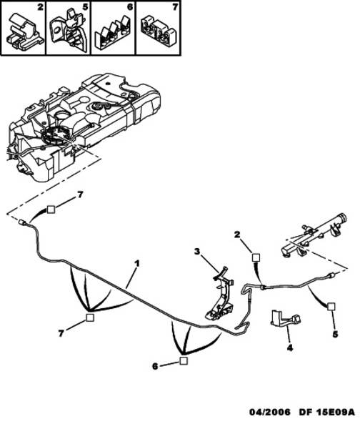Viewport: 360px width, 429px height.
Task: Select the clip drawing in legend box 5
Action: (x=69, y=31)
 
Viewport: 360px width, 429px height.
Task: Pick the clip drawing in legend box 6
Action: (x=113, y=34)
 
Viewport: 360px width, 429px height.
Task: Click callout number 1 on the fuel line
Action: (x=136, y=264)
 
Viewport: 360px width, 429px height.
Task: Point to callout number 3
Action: (x=197, y=251)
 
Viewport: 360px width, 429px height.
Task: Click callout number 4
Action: (x=290, y=347)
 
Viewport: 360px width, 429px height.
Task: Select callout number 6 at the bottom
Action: (x=155, y=366)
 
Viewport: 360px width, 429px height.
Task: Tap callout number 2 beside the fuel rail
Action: (x=237, y=235)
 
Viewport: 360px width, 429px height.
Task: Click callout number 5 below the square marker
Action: (x=335, y=334)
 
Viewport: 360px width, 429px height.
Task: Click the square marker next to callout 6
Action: (x=184, y=360)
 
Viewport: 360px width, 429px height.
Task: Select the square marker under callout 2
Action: (x=256, y=257)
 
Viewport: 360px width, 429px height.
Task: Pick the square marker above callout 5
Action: (x=331, y=306)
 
